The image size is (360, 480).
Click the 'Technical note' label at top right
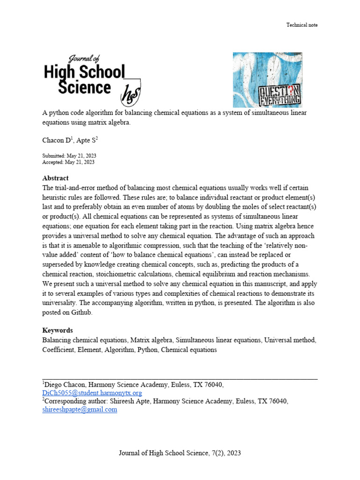point(302,25)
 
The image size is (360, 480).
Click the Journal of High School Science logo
point(91,80)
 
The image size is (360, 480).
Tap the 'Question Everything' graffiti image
point(267,80)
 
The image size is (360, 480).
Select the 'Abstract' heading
point(55,178)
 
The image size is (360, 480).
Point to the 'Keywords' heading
point(58,330)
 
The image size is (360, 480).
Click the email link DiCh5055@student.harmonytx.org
point(92,393)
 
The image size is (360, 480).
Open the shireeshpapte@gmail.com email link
point(80,409)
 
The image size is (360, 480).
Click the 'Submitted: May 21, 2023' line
point(69,156)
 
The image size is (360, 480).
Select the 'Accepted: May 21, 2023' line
point(68,162)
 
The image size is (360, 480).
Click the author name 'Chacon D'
point(55,141)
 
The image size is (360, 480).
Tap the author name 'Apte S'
point(86,141)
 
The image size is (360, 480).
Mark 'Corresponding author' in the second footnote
point(74,401)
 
